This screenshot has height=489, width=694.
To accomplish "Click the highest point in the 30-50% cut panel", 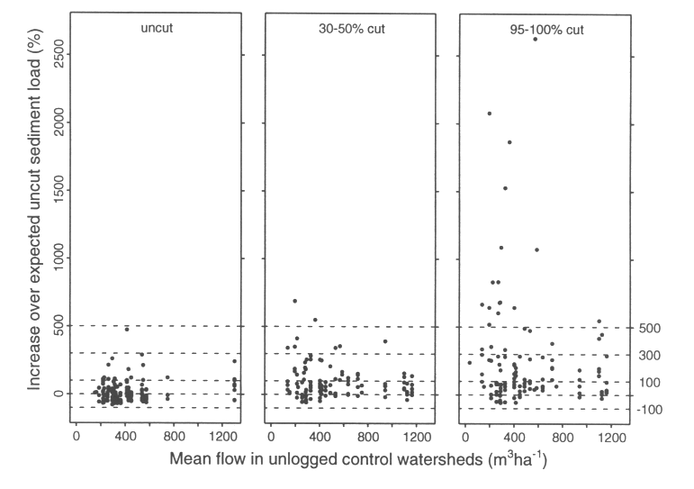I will point(294,301).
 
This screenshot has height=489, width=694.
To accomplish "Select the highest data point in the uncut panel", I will point(127,329).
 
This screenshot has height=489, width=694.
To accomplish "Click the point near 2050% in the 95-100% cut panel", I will point(489,113).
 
